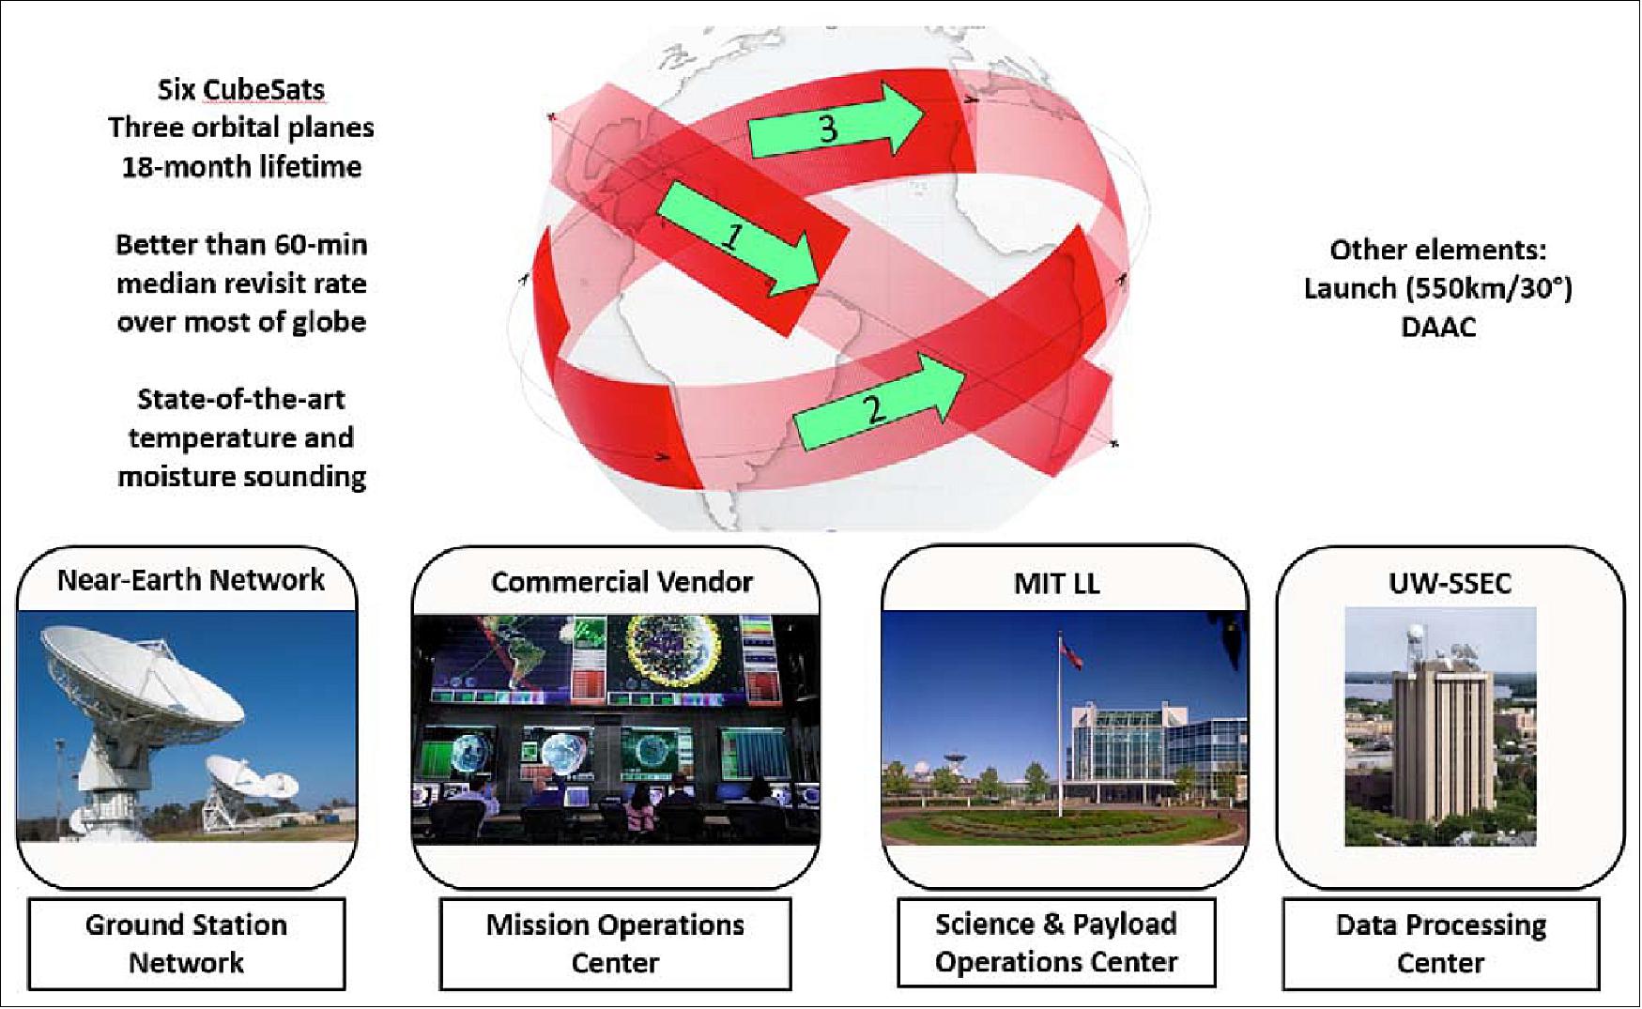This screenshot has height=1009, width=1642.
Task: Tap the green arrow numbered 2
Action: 878,401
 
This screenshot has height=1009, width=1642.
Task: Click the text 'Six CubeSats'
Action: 241,90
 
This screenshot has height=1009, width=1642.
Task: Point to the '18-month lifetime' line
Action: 241,167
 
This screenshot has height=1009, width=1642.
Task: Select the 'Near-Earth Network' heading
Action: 191,580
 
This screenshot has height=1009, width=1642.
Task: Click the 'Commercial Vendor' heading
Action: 622,582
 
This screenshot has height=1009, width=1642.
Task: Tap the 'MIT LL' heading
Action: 1056,584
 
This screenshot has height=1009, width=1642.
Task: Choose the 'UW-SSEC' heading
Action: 1450,584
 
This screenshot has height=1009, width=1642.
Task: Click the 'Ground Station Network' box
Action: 186,943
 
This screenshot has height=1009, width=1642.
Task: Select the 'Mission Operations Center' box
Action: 615,943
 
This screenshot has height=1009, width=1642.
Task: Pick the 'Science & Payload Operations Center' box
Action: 1056,942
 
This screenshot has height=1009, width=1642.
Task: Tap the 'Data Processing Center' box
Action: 1441,943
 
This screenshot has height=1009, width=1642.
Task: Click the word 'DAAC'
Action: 1438,328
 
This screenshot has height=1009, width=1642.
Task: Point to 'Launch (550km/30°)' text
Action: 1438,288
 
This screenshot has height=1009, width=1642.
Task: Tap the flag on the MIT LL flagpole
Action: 1071,650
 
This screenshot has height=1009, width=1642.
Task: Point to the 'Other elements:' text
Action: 1438,250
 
